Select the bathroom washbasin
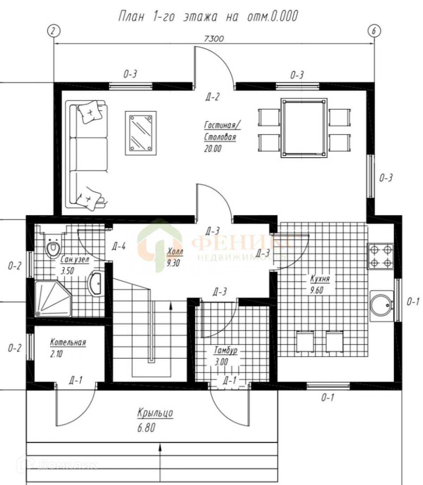coord(96,283)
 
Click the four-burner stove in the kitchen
coord(381,256)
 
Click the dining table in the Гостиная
coord(304,128)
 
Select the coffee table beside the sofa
coord(140,133)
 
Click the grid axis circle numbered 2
coord(54,31)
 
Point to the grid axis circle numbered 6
coord(374,31)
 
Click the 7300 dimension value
coord(214,38)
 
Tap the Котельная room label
coord(68,342)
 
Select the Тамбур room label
coord(225,350)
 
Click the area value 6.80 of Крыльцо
coord(146,428)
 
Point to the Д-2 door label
coord(212,97)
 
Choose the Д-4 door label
coord(119,246)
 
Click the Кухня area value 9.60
coord(317,290)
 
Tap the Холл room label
coord(175,252)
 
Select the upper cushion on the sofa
coord(90,111)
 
